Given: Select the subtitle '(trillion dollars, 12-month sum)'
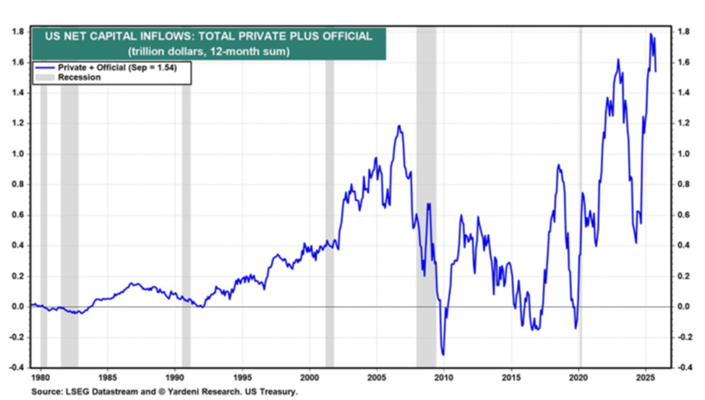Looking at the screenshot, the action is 209,51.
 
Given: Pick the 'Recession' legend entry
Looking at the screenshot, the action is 79,77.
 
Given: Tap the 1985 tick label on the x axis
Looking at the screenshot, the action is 108,377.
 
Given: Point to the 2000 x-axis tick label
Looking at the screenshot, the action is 309,377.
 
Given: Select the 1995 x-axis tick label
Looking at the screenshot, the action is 242,377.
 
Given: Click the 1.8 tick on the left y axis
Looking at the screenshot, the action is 18,32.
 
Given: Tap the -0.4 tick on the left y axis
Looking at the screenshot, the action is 17,367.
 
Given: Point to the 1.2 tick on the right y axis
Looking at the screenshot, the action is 683,123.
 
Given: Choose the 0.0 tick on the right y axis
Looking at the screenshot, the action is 683,307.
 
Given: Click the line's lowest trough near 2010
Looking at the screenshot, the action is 443,355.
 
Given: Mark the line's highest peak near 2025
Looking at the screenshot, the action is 651,34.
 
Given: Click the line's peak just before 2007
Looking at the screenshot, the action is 399,126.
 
